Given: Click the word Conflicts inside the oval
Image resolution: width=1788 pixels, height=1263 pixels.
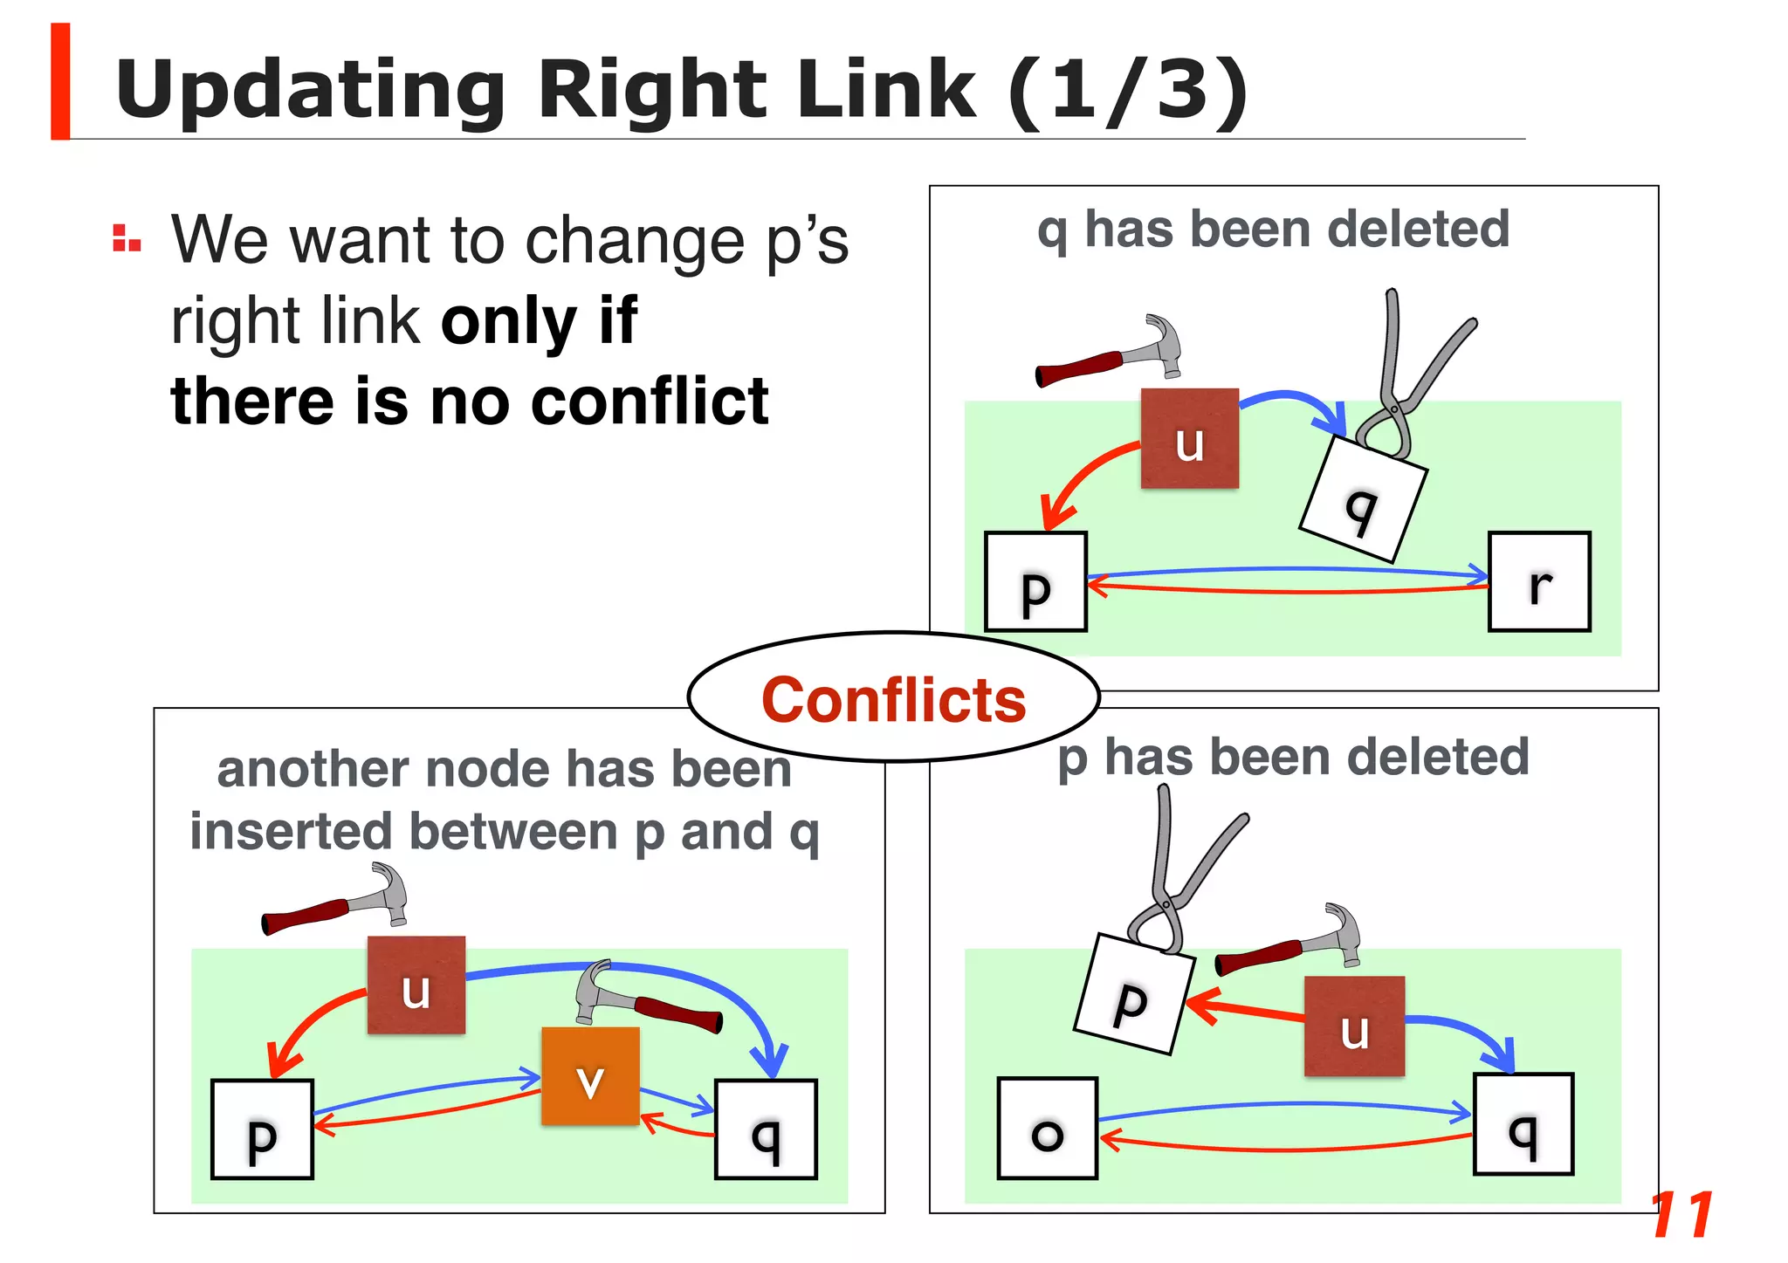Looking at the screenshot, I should pyautogui.click(x=893, y=700).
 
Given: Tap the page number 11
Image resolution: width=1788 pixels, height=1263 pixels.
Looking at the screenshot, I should pyautogui.click(x=1681, y=1215).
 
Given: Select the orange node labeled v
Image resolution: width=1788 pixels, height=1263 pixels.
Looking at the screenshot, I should pyautogui.click(x=590, y=1076).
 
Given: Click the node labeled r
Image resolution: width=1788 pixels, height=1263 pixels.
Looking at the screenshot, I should pyautogui.click(x=1539, y=581).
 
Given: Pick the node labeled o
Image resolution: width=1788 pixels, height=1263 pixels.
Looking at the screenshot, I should pyautogui.click(x=1047, y=1129).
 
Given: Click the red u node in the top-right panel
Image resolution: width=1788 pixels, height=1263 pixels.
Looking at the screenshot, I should pyautogui.click(x=1189, y=438).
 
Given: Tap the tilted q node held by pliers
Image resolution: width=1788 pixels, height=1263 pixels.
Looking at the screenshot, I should pyautogui.click(x=1362, y=500).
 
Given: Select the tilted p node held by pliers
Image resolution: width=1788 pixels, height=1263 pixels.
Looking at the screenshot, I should pyautogui.click(x=1132, y=994).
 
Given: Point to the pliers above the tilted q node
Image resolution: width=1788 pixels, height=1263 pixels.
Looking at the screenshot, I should pyautogui.click(x=1407, y=375).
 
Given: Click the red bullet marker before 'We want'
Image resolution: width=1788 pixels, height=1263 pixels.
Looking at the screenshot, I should pyautogui.click(x=127, y=238).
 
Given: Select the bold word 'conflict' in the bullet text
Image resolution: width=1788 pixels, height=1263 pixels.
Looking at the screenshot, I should pyautogui.click(x=650, y=402).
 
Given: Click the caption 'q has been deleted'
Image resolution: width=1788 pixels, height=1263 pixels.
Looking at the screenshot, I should pyautogui.click(x=1273, y=230).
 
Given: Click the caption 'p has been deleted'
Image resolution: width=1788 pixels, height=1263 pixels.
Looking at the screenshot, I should pyautogui.click(x=1293, y=757).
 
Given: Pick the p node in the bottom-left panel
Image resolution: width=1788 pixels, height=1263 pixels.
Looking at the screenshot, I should pyautogui.click(x=262, y=1129).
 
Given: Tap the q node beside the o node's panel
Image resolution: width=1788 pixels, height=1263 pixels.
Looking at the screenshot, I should pyautogui.click(x=1523, y=1124).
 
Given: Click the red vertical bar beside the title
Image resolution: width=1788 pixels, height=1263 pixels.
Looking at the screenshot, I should pyautogui.click(x=60, y=81).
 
